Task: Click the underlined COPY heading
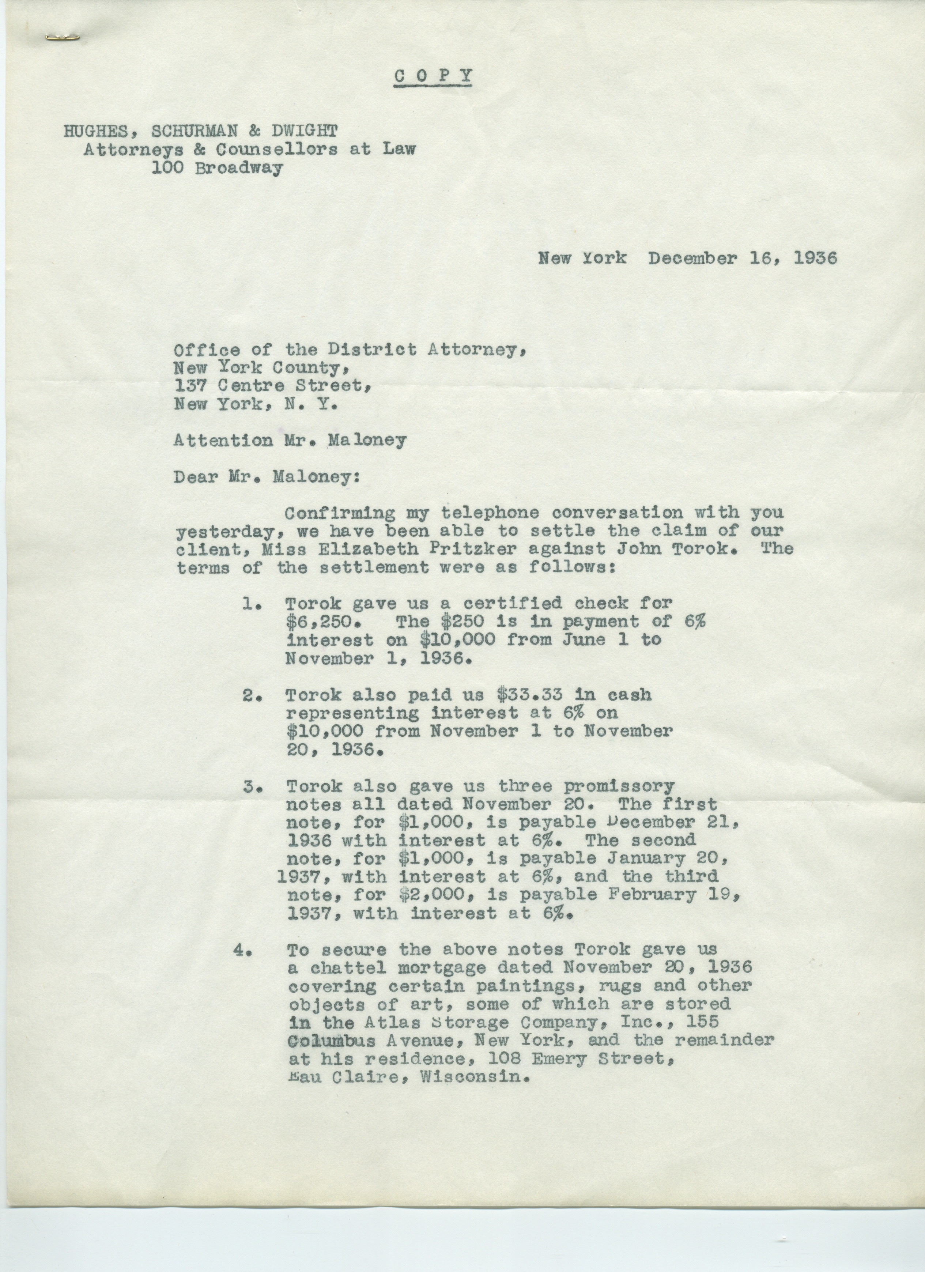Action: [433, 75]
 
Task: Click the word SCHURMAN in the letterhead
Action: [194, 131]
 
